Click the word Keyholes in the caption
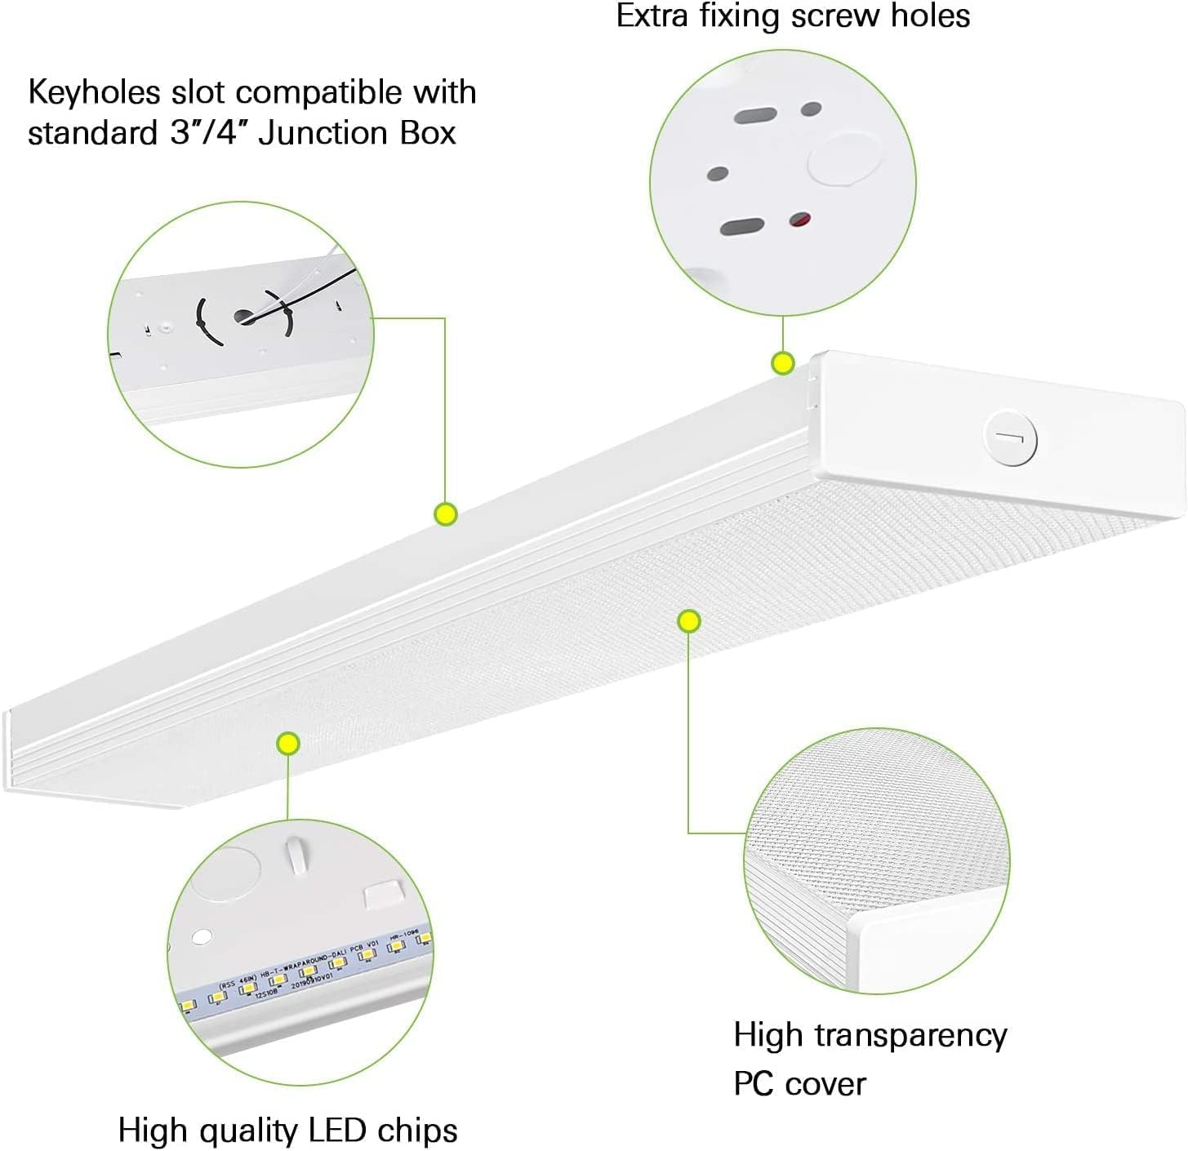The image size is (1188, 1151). click(94, 93)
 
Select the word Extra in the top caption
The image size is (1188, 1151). click(651, 16)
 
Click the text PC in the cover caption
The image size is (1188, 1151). click(753, 1084)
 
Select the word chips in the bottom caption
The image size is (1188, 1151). click(417, 1131)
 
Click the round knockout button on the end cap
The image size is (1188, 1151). click(1011, 439)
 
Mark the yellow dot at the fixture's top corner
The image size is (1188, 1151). click(783, 363)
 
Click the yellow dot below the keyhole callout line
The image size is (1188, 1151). click(446, 513)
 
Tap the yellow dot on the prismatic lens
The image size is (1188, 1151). click(689, 621)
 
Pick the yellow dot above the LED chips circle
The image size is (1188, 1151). click(287, 743)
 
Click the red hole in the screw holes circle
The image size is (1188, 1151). click(801, 220)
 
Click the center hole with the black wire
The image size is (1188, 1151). click(245, 316)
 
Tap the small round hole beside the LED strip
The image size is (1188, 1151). click(202, 936)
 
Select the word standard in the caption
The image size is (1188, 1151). click(91, 133)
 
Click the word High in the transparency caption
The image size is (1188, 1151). click(768, 1035)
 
